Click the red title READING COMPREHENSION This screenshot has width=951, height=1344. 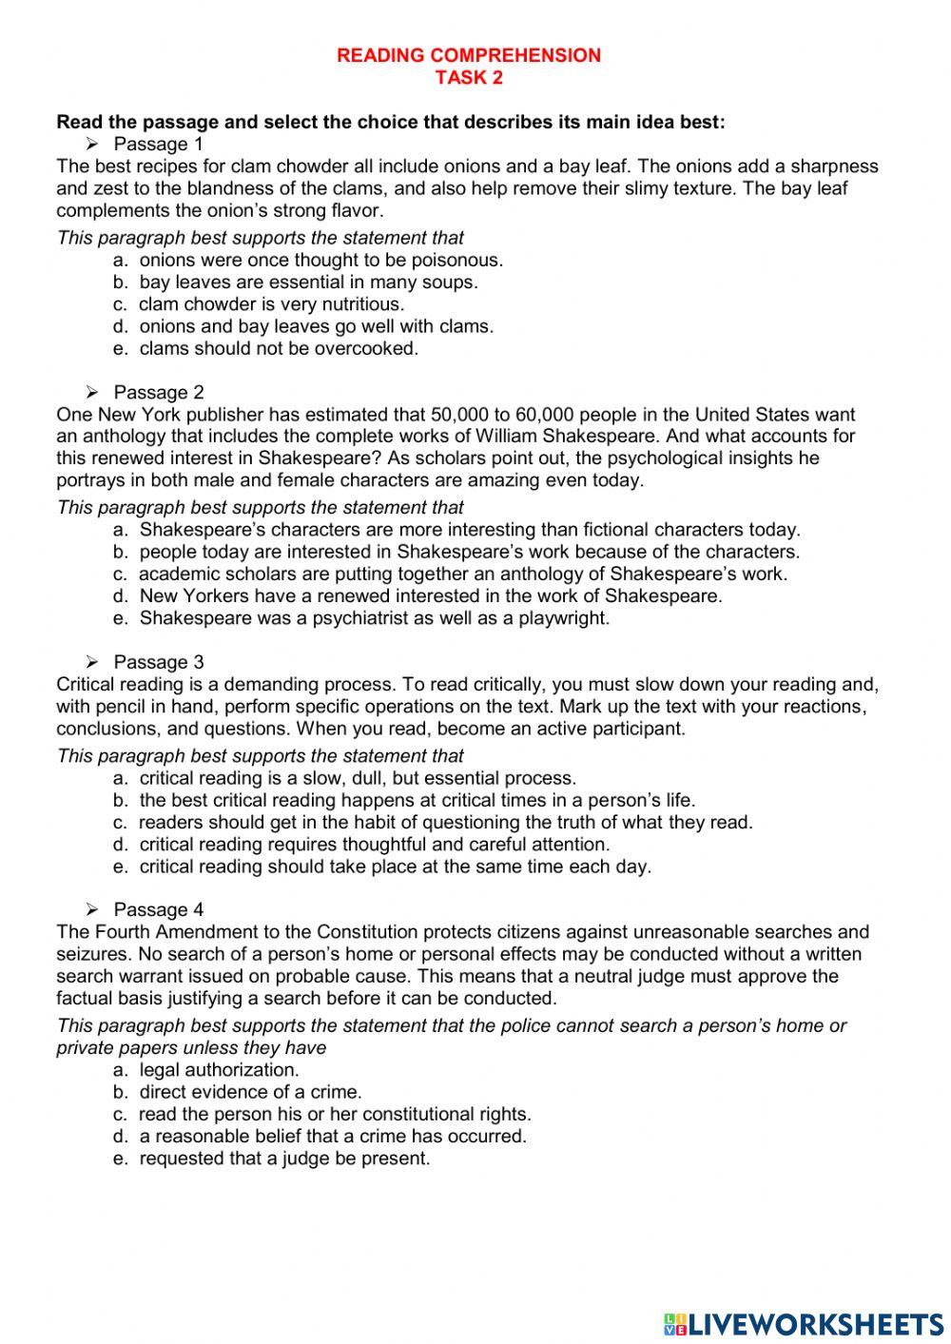tap(469, 55)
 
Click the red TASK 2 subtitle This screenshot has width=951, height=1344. tap(469, 78)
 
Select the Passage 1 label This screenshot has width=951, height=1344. tap(158, 145)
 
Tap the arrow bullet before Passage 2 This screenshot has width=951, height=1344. tap(92, 392)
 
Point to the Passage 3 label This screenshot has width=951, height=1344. tap(158, 662)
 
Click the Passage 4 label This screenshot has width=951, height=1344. tap(158, 910)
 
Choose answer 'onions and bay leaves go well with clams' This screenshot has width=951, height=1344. tap(316, 326)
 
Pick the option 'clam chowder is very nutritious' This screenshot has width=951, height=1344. tap(271, 304)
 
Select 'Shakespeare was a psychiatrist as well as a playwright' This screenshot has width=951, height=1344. tap(374, 618)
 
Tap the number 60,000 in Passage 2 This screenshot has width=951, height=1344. tap(547, 415)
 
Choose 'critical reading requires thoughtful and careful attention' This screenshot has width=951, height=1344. tap(374, 845)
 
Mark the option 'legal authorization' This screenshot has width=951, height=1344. tap(219, 1070)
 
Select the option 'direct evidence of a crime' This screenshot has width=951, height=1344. tap(250, 1092)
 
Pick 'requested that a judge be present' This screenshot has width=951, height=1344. tap(284, 1159)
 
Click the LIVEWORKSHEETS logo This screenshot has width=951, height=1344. tap(804, 1323)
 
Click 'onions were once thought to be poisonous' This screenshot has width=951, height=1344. tap(320, 261)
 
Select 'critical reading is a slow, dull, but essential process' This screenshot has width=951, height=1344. tap(358, 779)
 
